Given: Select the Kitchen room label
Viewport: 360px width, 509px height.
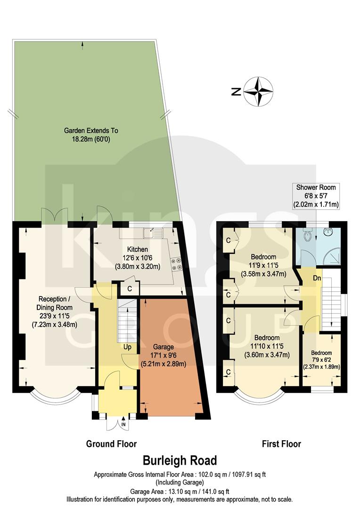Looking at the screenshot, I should click(x=137, y=257).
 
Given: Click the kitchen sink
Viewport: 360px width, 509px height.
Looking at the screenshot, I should click(x=154, y=232).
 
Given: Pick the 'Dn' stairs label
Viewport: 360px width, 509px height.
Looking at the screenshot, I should click(x=318, y=278).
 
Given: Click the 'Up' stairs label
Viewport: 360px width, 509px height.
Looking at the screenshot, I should click(x=127, y=347).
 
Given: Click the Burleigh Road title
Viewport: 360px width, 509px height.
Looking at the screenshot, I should click(x=180, y=460).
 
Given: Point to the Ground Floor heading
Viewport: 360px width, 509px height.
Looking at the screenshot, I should click(x=111, y=443).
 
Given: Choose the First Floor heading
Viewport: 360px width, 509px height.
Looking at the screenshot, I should click(x=281, y=443).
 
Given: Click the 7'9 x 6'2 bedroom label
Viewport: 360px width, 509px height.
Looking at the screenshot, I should click(x=320, y=360).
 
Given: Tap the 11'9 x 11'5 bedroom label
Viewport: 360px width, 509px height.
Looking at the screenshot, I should click(x=263, y=265).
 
